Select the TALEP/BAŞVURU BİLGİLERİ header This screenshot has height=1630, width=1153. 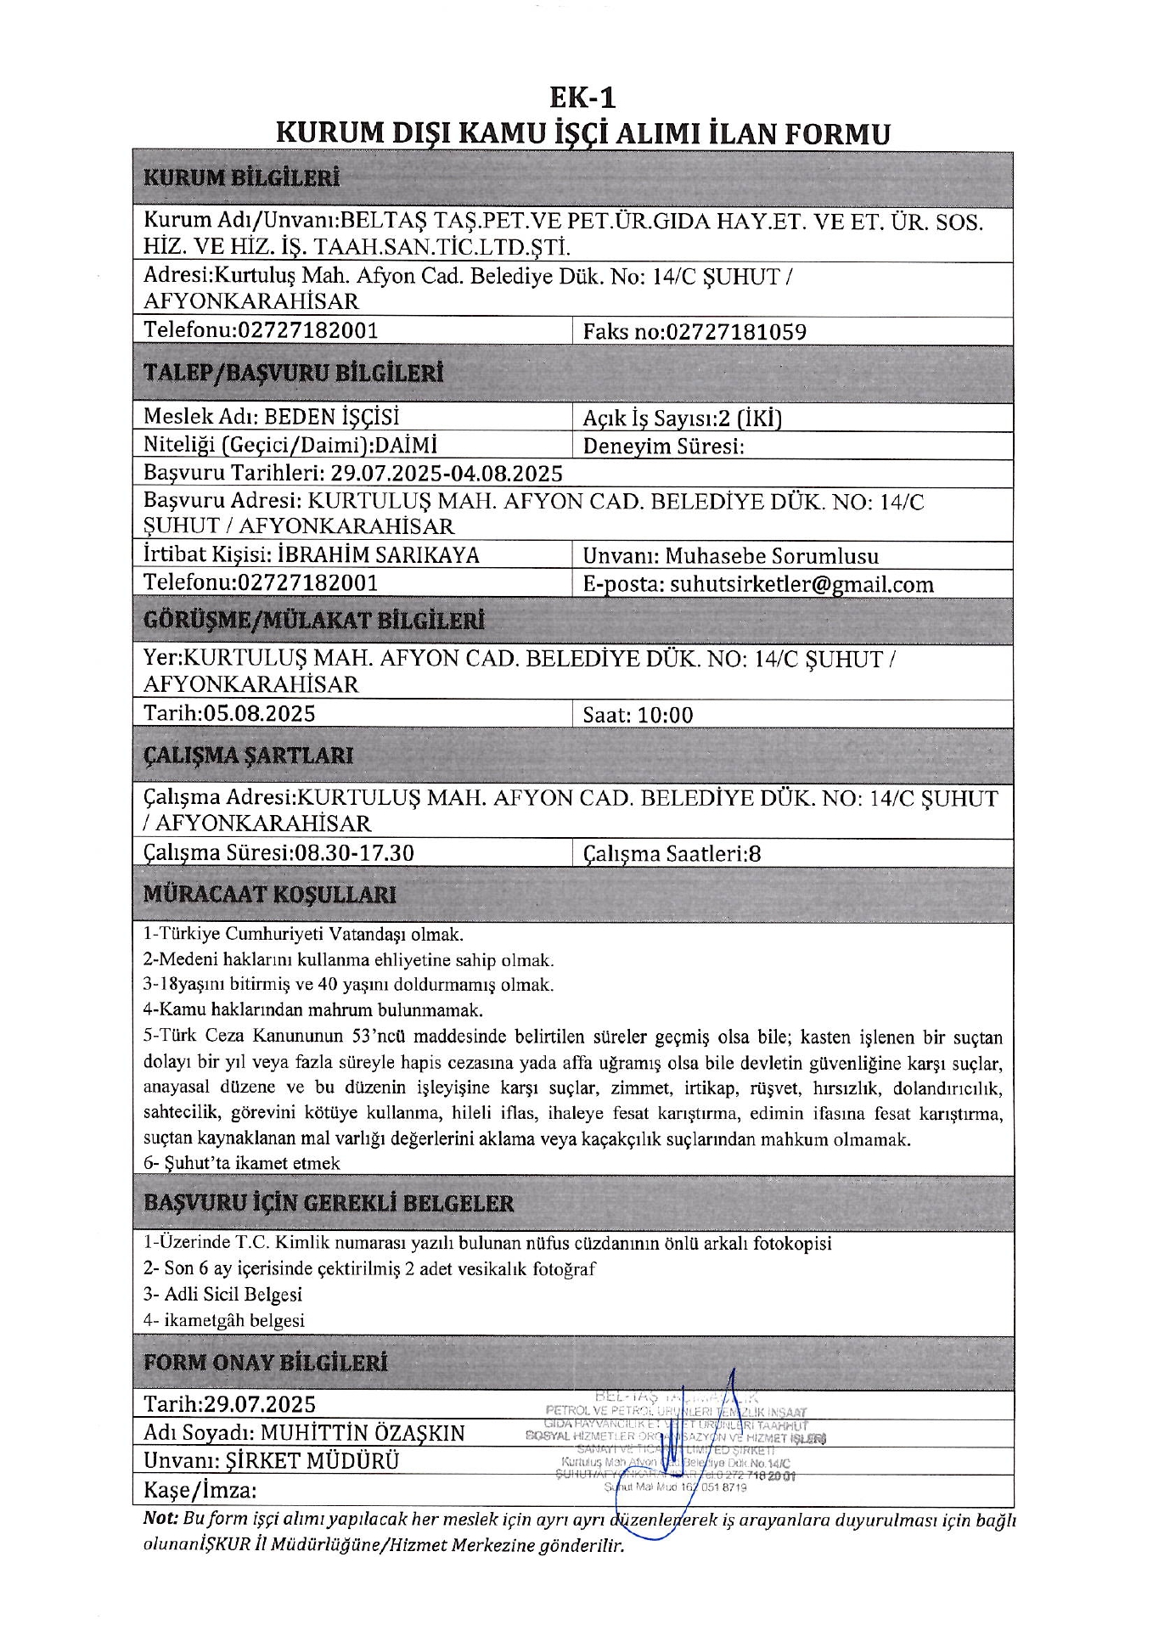293,374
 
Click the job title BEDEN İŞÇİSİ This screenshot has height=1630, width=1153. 331,417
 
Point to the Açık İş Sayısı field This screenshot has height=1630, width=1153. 682,418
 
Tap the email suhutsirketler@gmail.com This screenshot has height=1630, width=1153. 801,584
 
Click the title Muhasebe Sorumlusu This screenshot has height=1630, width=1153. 772,556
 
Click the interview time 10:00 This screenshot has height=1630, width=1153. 665,715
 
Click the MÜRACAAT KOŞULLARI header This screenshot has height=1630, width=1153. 269,894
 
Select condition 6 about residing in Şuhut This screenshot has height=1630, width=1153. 242,1163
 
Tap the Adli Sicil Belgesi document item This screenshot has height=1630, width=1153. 222,1294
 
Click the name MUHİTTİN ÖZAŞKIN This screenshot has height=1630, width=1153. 363,1433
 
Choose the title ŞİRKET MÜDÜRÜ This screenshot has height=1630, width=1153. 312,1461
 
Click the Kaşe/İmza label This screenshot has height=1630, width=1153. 200,1490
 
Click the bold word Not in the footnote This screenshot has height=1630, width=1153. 160,1518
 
